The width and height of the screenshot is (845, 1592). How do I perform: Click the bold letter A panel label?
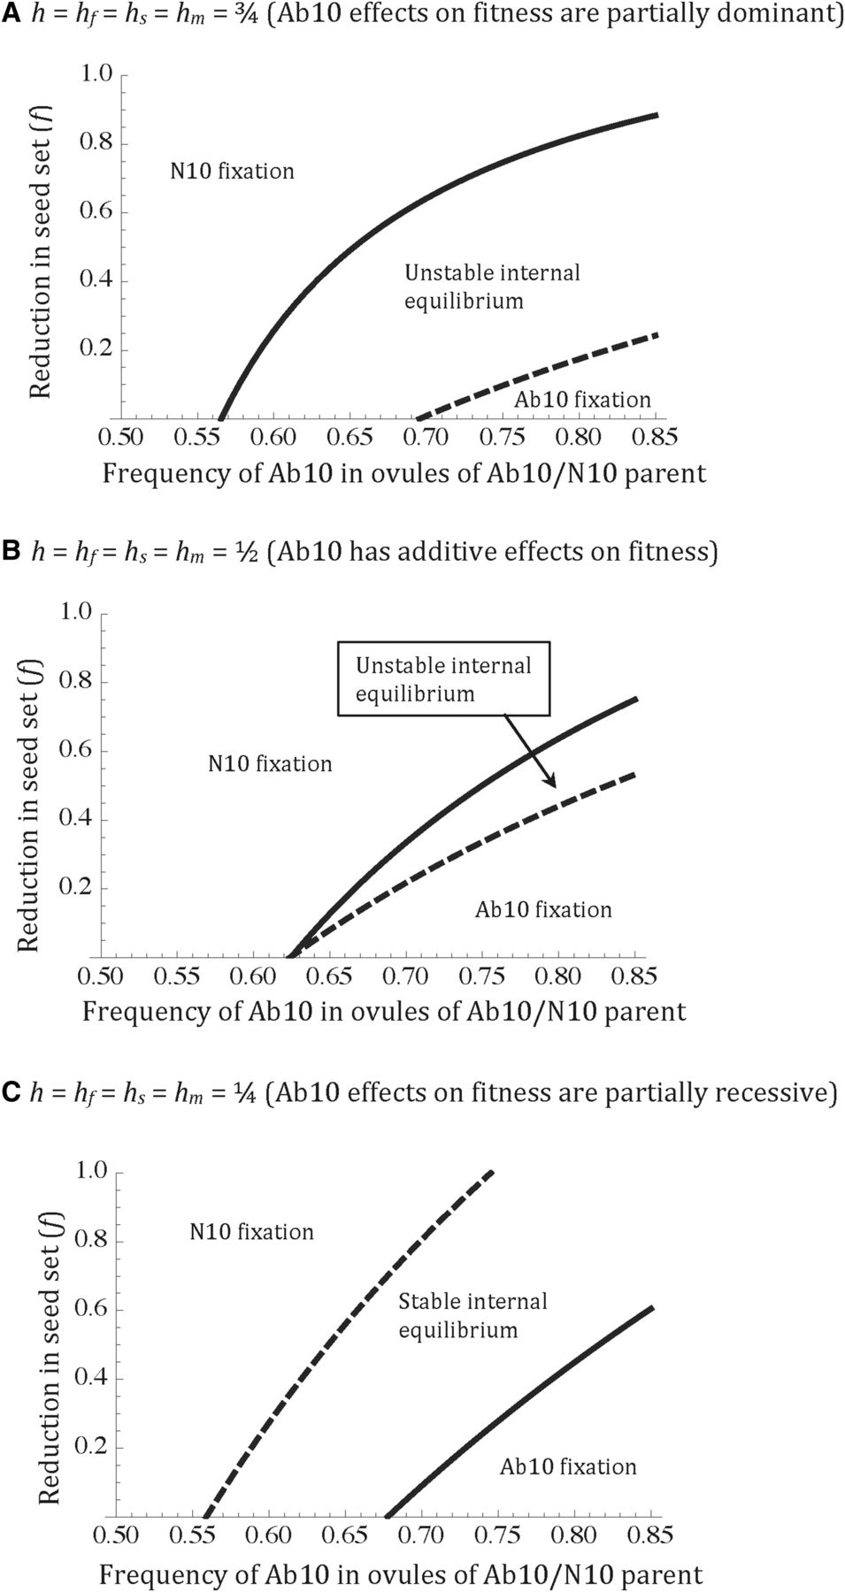(x=12, y=15)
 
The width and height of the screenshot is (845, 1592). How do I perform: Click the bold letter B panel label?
(x=12, y=550)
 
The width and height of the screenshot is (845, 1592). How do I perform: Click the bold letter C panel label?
(x=12, y=1092)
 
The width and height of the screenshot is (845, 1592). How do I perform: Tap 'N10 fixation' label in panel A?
(x=232, y=171)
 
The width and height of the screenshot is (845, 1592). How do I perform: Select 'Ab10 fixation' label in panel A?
(x=582, y=400)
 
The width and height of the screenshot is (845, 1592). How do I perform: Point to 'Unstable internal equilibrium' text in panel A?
(x=492, y=287)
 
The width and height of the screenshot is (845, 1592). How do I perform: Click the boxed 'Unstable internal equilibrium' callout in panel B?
(x=443, y=679)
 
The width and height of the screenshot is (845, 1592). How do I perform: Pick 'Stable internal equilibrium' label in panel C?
(x=472, y=1315)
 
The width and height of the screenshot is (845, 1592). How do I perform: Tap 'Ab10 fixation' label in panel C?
(x=568, y=1466)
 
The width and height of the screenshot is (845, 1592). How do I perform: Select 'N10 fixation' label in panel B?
(x=270, y=763)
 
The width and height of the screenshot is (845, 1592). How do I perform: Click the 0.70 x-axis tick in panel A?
(x=431, y=437)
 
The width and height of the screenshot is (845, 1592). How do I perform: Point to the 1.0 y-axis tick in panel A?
(x=96, y=73)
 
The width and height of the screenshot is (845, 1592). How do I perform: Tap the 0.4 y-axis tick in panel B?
(x=75, y=818)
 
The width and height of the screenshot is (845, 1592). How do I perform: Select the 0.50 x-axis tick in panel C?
(x=117, y=1535)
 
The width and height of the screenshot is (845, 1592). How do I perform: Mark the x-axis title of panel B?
(x=384, y=1011)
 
